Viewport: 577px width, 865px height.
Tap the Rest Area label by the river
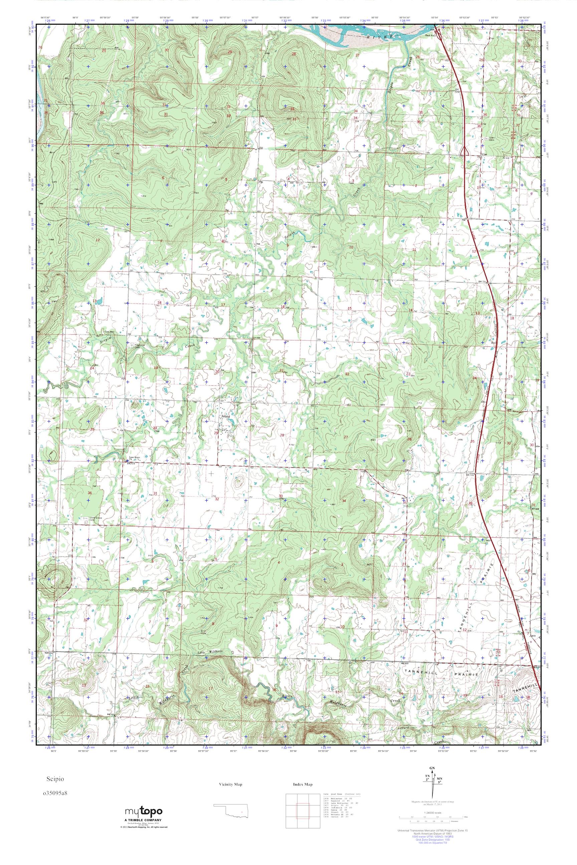pyautogui.click(x=430, y=36)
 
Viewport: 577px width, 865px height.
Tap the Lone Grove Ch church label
pyautogui.click(x=134, y=458)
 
